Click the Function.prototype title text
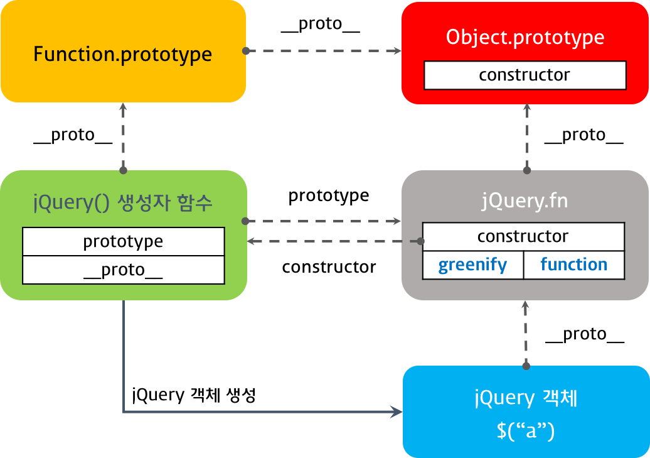click(123, 55)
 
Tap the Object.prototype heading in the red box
click(525, 37)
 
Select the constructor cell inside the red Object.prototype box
click(525, 75)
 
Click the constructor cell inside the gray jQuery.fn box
click(523, 237)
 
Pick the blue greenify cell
click(472, 265)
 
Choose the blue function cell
click(574, 265)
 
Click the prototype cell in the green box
click(123, 241)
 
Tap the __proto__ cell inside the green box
click(123, 270)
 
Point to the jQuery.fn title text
click(525, 202)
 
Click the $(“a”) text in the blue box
click(526, 430)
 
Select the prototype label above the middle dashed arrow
click(329, 196)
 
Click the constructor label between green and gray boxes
click(329, 267)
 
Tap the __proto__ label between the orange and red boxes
click(321, 24)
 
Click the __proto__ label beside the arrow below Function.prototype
click(73, 135)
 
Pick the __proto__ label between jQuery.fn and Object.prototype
click(583, 135)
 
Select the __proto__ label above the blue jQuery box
click(585, 334)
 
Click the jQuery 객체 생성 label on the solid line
click(194, 395)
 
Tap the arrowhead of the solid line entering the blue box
click(397, 412)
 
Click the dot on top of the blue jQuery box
click(526, 366)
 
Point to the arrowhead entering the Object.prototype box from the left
click(397, 51)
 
